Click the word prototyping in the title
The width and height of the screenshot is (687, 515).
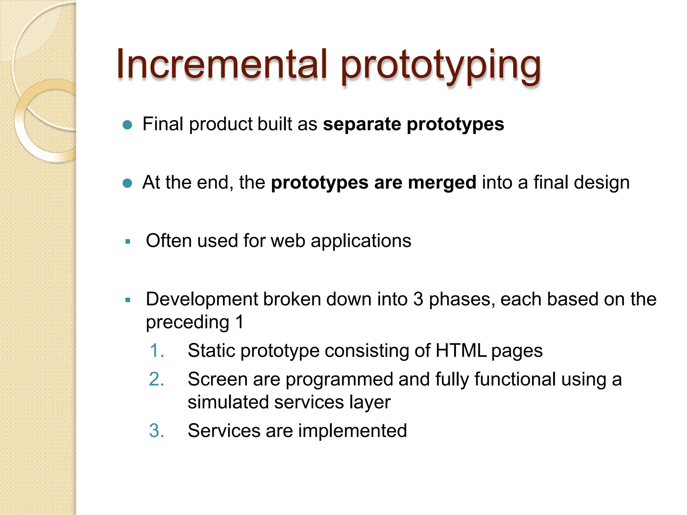click(x=441, y=65)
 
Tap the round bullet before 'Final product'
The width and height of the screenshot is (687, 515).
click(x=127, y=125)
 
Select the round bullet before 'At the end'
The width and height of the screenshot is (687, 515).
click(x=127, y=183)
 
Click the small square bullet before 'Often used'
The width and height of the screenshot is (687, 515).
click(x=127, y=241)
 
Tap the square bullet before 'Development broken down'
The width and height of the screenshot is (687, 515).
click(x=127, y=300)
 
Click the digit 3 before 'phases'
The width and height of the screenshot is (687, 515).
click(x=418, y=299)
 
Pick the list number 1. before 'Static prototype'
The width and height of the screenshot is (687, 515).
click(x=157, y=351)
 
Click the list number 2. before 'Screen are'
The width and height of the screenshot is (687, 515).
click(x=157, y=380)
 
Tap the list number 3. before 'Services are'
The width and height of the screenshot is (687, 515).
click(x=157, y=431)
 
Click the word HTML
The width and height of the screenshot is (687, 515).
click(x=461, y=351)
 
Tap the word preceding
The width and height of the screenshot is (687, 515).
click(x=187, y=323)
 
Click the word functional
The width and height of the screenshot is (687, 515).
click(x=515, y=380)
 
